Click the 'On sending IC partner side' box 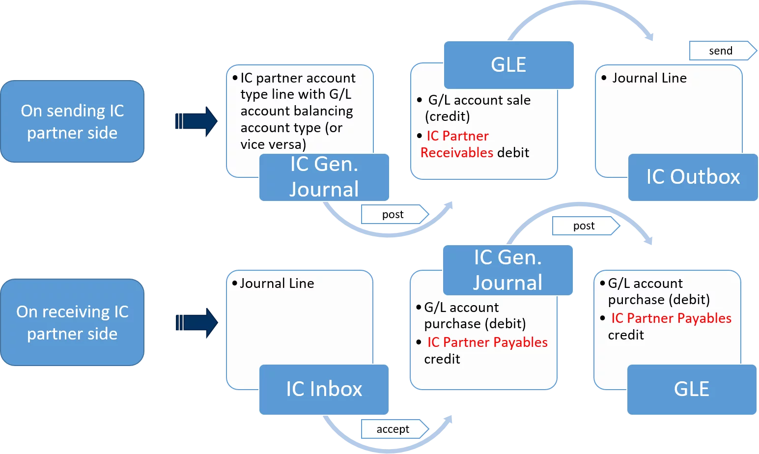pyautogui.click(x=72, y=121)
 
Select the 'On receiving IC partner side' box pyautogui.click(x=72, y=322)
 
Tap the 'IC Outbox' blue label pyautogui.click(x=693, y=177)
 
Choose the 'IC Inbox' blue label pyautogui.click(x=324, y=389)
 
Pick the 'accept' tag pyautogui.click(x=394, y=429)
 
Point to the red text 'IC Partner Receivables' pyautogui.click(x=457, y=144)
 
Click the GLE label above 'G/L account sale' pyautogui.click(x=508, y=65)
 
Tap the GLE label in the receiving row pyautogui.click(x=691, y=389)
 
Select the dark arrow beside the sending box pyautogui.click(x=196, y=121)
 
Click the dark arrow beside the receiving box pyautogui.click(x=196, y=322)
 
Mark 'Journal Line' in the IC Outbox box pyautogui.click(x=649, y=78)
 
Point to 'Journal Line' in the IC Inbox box pyautogui.click(x=277, y=284)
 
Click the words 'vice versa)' pyautogui.click(x=273, y=144)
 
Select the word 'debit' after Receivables pyautogui.click(x=513, y=153)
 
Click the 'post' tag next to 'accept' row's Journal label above pyautogui.click(x=585, y=226)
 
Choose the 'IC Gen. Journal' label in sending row pyautogui.click(x=324, y=177)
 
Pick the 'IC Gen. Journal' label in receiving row pyautogui.click(x=507, y=270)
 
